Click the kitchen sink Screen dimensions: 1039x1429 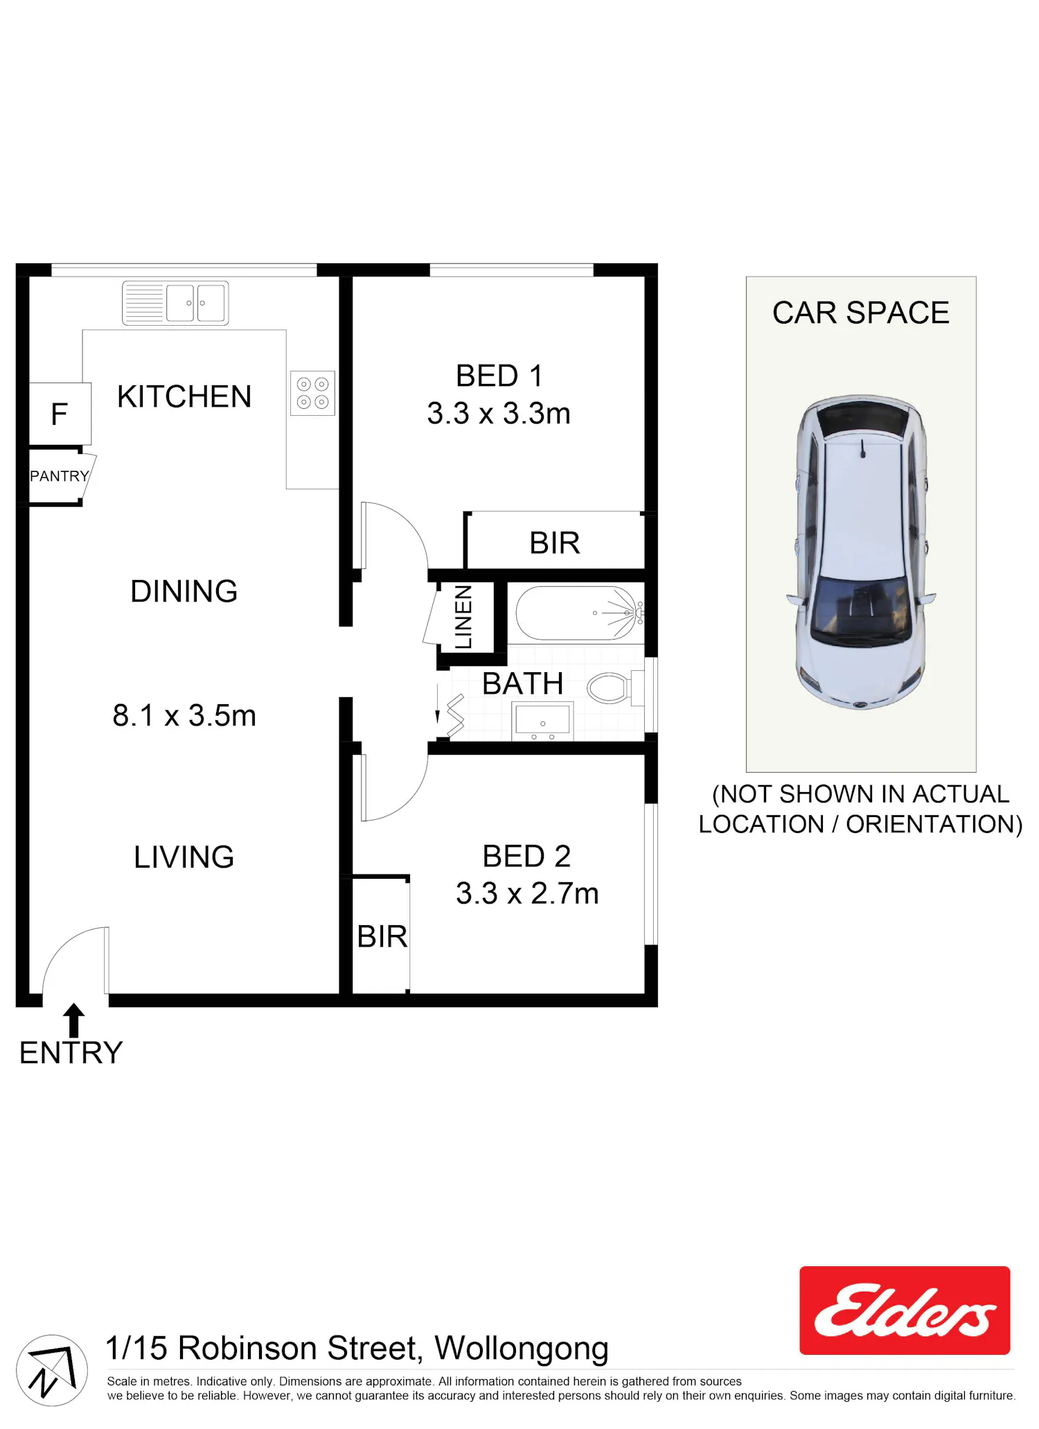(175, 303)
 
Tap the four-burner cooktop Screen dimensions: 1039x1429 (312, 393)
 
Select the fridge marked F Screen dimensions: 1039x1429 (60, 414)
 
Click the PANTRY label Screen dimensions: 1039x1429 (60, 476)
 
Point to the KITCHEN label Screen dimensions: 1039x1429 (184, 396)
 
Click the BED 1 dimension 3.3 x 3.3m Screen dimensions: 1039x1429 (499, 413)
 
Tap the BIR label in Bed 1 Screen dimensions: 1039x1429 (555, 543)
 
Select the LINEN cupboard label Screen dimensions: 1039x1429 (463, 617)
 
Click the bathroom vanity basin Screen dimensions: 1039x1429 (542, 721)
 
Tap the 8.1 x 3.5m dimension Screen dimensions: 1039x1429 (184, 715)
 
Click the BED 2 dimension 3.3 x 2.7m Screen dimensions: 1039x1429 (527, 893)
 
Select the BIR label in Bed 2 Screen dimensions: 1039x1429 (382, 936)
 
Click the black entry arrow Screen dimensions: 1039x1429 (74, 1020)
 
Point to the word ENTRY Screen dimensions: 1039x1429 (71, 1053)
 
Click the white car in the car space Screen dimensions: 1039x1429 (861, 552)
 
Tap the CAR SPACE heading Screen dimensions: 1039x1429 (861, 313)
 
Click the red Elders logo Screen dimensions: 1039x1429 (905, 1310)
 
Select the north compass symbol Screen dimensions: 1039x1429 (52, 1370)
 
